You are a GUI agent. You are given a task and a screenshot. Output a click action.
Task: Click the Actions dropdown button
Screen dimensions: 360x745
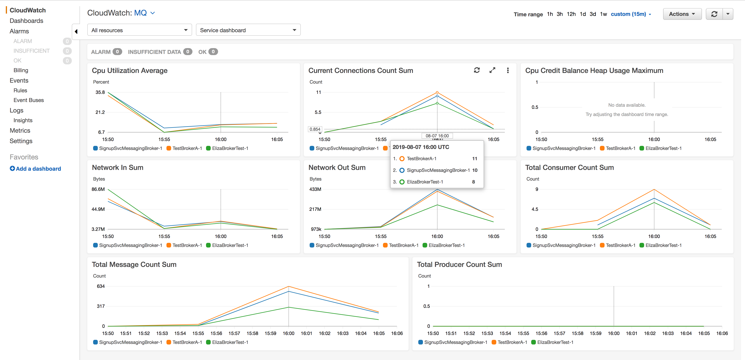tap(682, 14)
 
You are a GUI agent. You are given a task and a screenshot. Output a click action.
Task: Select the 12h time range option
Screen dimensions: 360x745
tap(571, 14)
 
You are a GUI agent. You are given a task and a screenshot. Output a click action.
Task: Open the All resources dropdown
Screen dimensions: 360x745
tap(139, 30)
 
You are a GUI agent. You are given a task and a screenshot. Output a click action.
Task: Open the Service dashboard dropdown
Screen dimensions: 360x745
tap(248, 30)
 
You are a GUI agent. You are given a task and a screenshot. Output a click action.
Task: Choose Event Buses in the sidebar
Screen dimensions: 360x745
tap(29, 100)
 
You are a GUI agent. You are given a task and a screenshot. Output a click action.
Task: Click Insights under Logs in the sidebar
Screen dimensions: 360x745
tap(23, 120)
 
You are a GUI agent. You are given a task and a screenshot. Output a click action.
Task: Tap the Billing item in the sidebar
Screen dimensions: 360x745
tap(21, 70)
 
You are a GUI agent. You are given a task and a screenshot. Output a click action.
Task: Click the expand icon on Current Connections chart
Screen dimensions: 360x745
tap(492, 70)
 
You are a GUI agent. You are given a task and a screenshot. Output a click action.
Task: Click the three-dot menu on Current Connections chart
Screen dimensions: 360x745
tap(508, 70)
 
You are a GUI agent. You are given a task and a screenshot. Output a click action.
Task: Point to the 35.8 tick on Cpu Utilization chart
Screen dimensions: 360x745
tap(100, 92)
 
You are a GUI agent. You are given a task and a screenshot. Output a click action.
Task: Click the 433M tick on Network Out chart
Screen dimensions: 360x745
tap(315, 189)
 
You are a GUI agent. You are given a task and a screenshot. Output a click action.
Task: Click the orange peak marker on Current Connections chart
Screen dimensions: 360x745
tap(437, 93)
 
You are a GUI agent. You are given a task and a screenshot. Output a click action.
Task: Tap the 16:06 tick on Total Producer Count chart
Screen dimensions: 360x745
tap(722, 333)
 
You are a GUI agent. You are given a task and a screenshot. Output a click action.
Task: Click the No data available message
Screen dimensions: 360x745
tap(627, 105)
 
